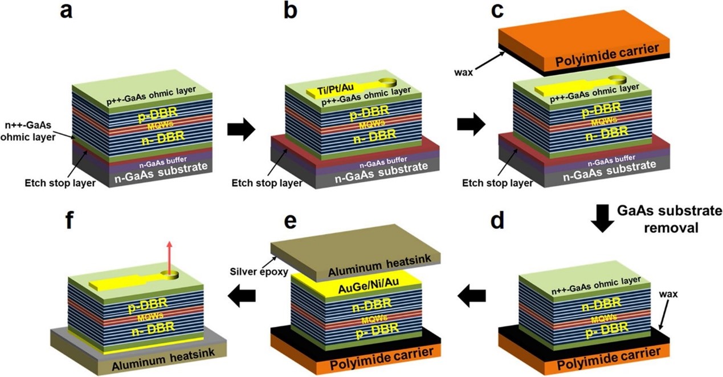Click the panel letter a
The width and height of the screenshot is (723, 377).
[66, 11]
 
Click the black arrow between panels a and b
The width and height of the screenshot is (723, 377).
[242, 129]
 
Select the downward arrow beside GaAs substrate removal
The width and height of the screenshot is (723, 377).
[602, 218]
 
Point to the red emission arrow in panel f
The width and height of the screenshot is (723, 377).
[169, 257]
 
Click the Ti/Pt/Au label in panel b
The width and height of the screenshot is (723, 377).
[335, 88]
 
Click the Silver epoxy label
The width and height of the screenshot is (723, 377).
[259, 272]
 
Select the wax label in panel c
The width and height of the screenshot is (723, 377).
[464, 72]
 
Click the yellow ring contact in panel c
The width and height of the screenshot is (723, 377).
[617, 80]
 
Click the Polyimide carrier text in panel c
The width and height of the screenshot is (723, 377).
[607, 55]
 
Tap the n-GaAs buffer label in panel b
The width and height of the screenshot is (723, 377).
[383, 162]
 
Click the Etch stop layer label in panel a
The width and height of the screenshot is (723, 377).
[60, 183]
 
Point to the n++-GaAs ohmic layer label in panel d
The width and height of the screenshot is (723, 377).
[596, 286]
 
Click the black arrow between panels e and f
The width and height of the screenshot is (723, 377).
[242, 296]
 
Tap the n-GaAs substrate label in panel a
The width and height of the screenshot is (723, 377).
[161, 173]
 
